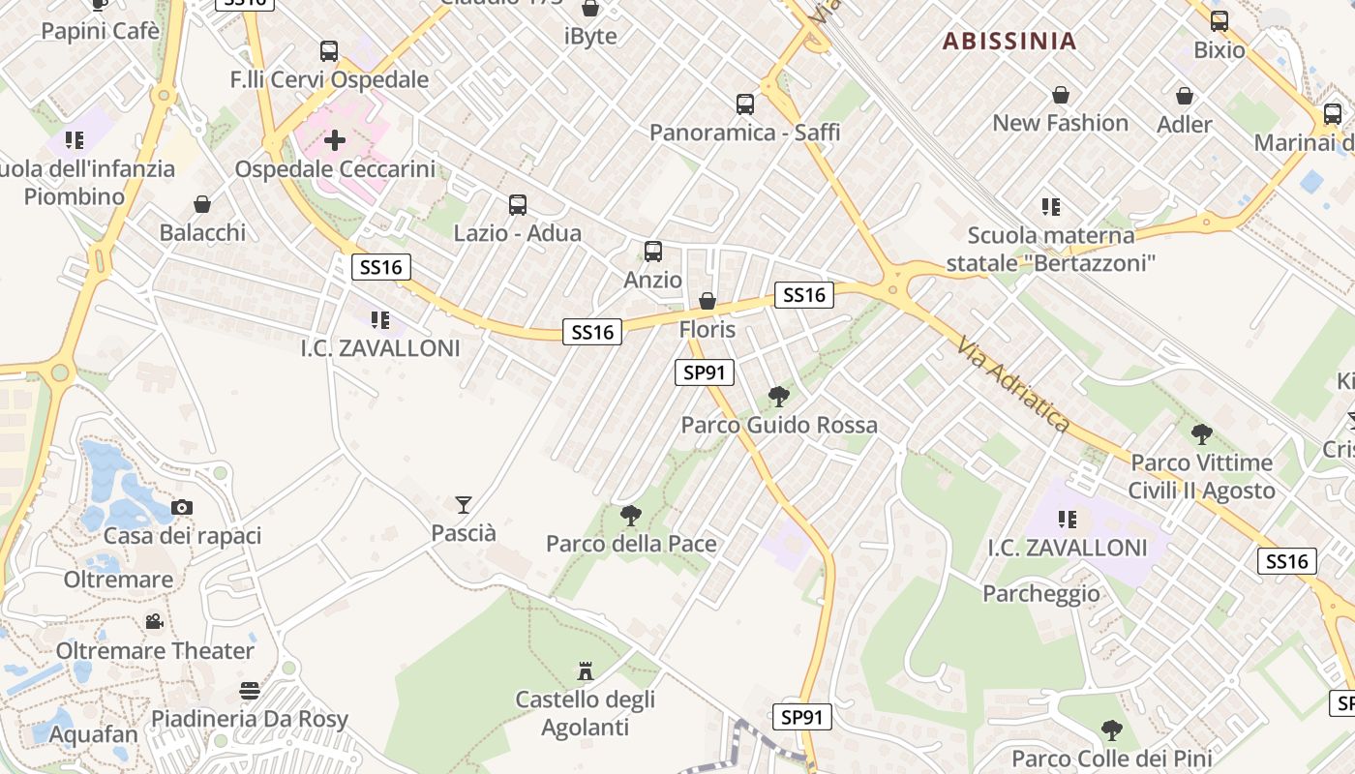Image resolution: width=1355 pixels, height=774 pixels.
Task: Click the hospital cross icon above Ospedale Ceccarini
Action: [335, 141]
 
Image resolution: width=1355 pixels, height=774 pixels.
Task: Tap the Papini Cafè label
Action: [100, 31]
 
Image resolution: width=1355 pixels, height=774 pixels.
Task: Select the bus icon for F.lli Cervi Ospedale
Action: [329, 51]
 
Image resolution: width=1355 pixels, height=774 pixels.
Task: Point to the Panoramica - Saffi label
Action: [744, 132]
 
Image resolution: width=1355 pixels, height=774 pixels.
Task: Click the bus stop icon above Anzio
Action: [653, 252]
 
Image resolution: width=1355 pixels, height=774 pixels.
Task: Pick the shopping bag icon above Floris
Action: [708, 301]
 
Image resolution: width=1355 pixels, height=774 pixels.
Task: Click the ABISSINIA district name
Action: [1009, 41]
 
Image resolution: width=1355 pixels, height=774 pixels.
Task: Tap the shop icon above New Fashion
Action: [1061, 95]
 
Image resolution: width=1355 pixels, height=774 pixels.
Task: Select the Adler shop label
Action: [1185, 125]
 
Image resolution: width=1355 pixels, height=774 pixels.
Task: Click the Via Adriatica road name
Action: [1013, 384]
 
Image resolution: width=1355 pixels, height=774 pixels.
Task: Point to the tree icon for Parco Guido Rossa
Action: [778, 397]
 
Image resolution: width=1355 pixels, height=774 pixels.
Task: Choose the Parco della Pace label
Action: [631, 544]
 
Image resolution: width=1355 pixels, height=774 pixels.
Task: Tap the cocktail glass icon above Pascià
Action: [464, 504]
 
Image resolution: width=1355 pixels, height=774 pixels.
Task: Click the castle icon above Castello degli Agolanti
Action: [585, 670]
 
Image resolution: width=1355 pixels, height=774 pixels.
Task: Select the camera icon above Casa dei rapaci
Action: [181, 507]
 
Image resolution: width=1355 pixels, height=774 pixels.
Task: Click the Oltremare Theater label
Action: [155, 650]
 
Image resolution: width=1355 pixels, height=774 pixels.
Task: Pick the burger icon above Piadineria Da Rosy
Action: [250, 691]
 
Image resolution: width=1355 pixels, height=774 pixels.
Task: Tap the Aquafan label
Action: [94, 734]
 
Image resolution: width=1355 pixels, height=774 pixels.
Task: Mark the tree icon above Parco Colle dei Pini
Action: [1112, 729]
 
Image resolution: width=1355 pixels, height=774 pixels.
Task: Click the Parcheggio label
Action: [1041, 593]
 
